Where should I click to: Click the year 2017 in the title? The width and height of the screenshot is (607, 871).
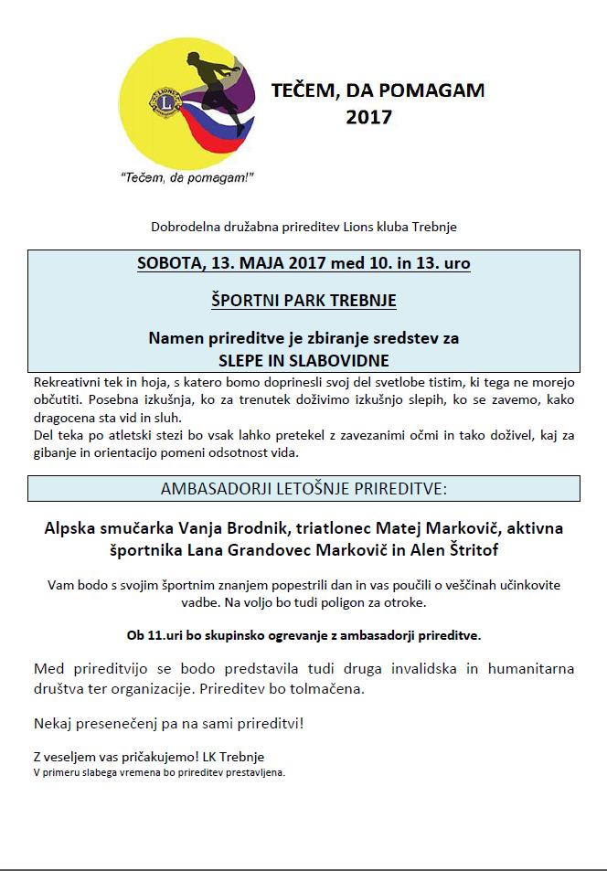[x=369, y=117]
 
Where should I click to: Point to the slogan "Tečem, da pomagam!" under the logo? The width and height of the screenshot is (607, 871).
[x=186, y=177]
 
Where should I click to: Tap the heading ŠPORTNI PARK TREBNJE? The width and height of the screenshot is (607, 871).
[x=303, y=300]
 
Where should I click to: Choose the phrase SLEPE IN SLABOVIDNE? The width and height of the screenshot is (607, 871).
[x=303, y=359]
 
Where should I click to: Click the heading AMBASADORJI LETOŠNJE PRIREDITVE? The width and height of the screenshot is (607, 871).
[x=303, y=488]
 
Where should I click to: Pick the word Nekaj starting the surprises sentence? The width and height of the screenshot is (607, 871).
[x=55, y=723]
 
